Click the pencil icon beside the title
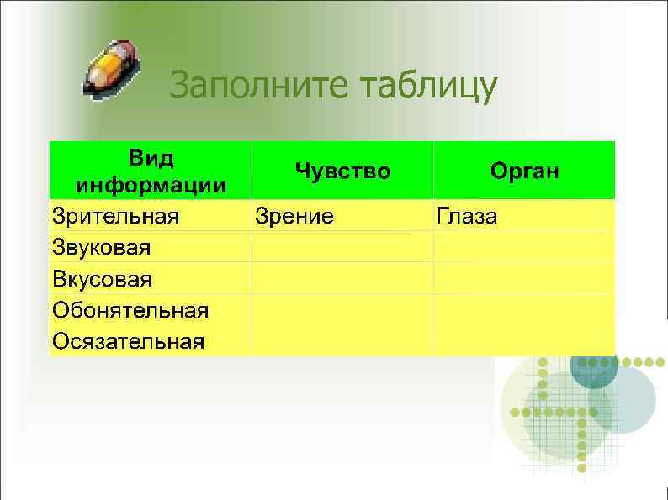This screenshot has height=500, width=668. [112, 67]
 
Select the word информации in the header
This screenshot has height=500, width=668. [151, 184]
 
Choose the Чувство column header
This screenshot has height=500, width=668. [342, 171]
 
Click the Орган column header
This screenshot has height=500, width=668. [524, 171]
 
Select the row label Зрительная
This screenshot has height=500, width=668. [115, 216]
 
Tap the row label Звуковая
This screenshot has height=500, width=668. [102, 247]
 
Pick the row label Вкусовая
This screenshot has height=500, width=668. [103, 278]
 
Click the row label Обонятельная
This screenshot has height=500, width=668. [130, 310]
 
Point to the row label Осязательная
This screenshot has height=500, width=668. [128, 341]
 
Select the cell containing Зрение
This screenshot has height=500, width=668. [294, 216]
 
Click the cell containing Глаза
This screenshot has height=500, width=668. [467, 216]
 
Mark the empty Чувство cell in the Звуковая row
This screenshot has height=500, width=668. [342, 247]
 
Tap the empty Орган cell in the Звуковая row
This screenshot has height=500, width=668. [524, 247]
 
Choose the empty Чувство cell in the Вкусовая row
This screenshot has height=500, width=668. [342, 278]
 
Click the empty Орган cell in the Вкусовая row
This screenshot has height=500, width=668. [524, 278]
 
